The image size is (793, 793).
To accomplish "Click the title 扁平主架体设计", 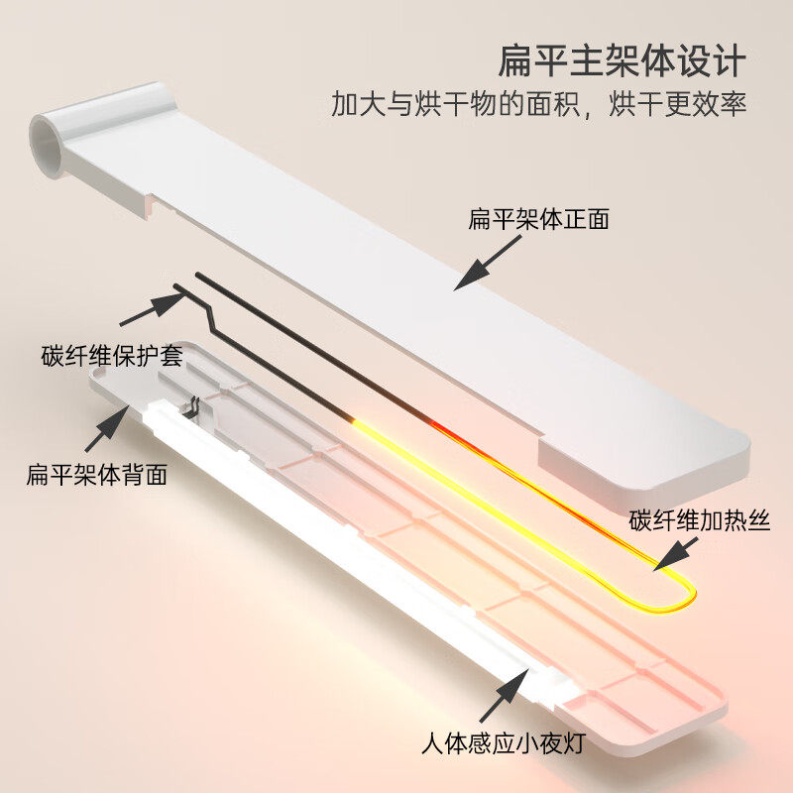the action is [621, 61].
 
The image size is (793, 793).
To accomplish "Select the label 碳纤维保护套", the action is [112, 356].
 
